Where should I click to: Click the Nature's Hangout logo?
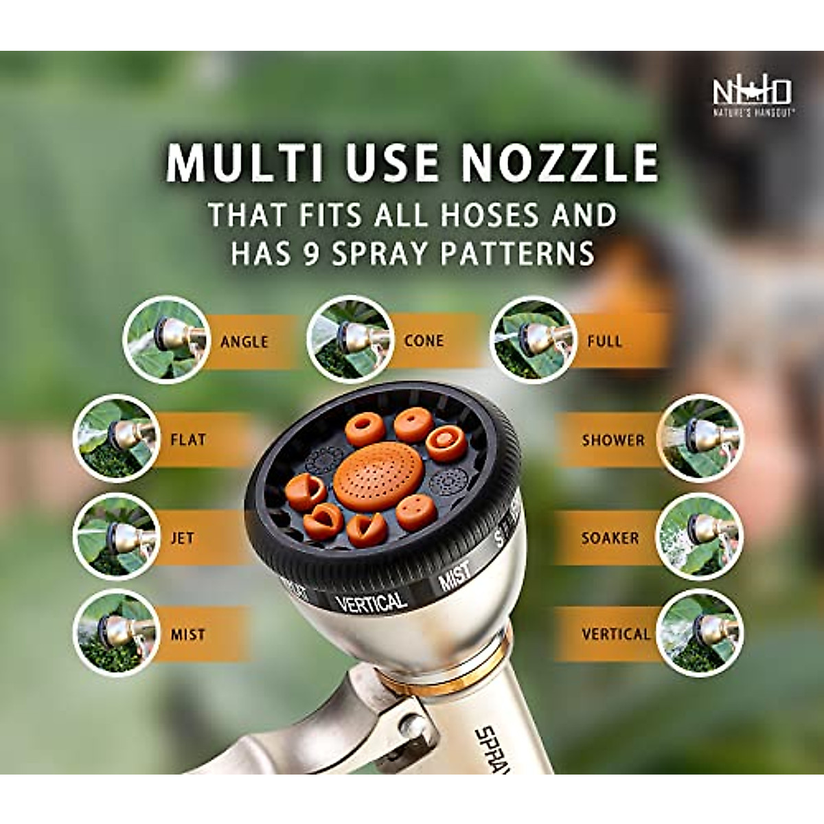[752, 95]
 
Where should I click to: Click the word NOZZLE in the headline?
[560, 163]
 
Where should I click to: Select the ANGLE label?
[244, 341]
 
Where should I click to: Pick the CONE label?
[424, 341]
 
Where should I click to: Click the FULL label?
[604, 341]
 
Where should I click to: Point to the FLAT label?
[187, 439]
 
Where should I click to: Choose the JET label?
[182, 538]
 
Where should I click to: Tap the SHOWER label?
[613, 440]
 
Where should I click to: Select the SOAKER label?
[610, 538]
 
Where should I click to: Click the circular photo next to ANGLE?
[167, 340]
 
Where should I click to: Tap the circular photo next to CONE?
[350, 339]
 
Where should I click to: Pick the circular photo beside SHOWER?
[700, 438]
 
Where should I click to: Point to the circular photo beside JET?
[117, 536]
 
